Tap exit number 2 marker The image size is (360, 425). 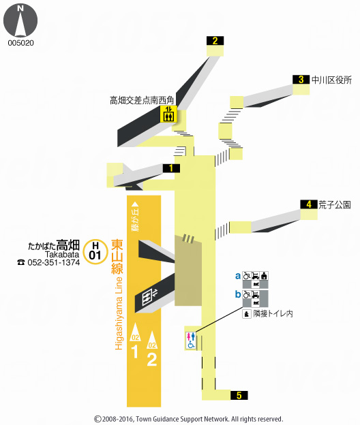pyautogui.click(x=215, y=41)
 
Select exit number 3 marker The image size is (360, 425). pyautogui.click(x=301, y=80)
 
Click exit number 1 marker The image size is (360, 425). pyautogui.click(x=171, y=168)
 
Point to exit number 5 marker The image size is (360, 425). pyautogui.click(x=239, y=395)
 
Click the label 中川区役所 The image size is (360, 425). pyautogui.click(x=331, y=80)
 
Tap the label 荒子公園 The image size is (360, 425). pyautogui.click(x=334, y=204)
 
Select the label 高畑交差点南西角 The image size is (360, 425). pyautogui.click(x=142, y=100)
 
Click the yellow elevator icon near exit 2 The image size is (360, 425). pyautogui.click(x=168, y=114)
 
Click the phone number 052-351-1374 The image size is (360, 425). pyautogui.click(x=53, y=262)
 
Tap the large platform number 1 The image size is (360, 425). pyautogui.click(x=134, y=351)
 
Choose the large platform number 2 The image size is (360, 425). pyautogui.click(x=152, y=358)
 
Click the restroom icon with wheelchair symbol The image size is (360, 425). pyautogui.click(x=192, y=340)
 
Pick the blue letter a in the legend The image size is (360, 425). pyautogui.click(x=238, y=276)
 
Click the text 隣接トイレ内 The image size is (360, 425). pyautogui.click(x=273, y=314)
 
